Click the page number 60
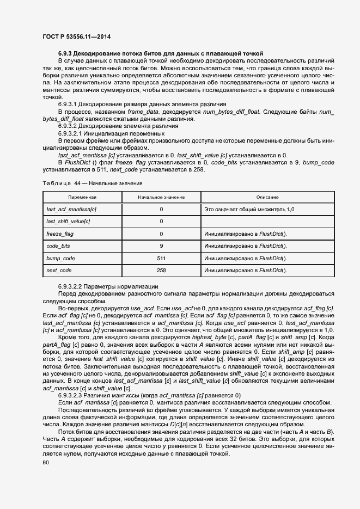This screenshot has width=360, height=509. [45, 462]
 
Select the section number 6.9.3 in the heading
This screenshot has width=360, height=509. [65, 53]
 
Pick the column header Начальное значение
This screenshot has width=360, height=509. [161, 197]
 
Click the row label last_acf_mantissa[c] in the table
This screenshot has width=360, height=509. [71, 209]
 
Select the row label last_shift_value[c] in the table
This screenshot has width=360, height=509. [69, 221]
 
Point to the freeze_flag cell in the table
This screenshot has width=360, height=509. [60, 234]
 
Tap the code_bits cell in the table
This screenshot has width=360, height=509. [58, 246]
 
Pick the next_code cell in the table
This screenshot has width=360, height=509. [59, 270]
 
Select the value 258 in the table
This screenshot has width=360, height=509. [161, 270]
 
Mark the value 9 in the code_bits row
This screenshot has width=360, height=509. [161, 246]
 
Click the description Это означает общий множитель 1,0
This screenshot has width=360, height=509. [249, 209]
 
